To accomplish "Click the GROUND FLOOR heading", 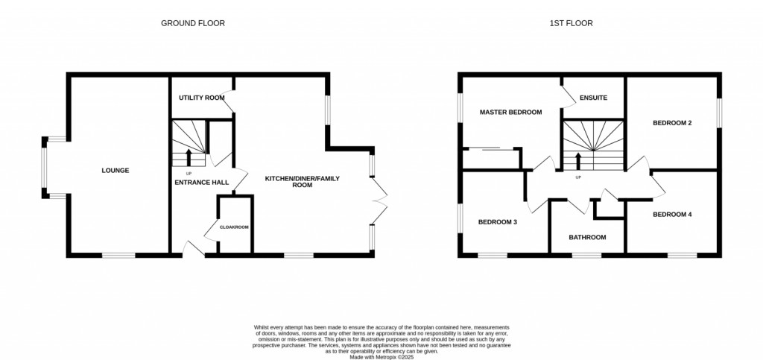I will [193, 23].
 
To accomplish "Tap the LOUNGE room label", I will [115, 171].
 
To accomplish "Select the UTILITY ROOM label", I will [201, 98].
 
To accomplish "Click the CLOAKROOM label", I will [234, 227].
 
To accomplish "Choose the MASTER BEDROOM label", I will [510, 112].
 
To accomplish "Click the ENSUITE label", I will [594, 98].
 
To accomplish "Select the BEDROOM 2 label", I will [673, 123].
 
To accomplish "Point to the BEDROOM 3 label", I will [498, 222].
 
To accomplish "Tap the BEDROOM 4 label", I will [672, 215].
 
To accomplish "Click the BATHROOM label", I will [587, 238].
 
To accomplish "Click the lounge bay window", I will [46, 168].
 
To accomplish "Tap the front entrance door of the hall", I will [192, 249].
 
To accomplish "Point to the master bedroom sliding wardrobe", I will [491, 149].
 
